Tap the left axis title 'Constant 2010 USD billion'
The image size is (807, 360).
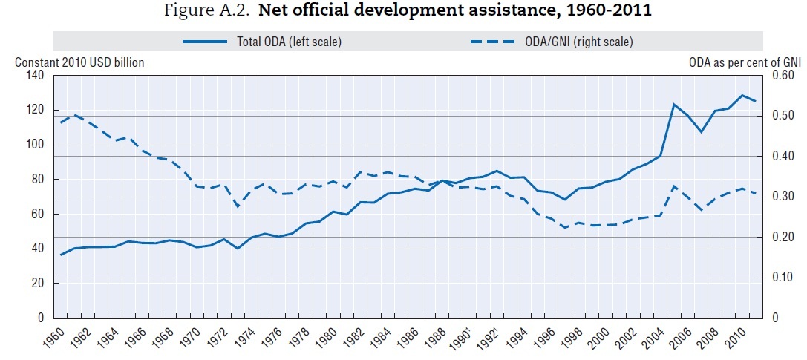(79, 62)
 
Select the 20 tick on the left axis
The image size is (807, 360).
(37, 283)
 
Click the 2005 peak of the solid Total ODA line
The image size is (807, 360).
(673, 104)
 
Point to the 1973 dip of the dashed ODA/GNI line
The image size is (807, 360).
(238, 207)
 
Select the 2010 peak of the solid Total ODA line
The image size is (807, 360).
(742, 95)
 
